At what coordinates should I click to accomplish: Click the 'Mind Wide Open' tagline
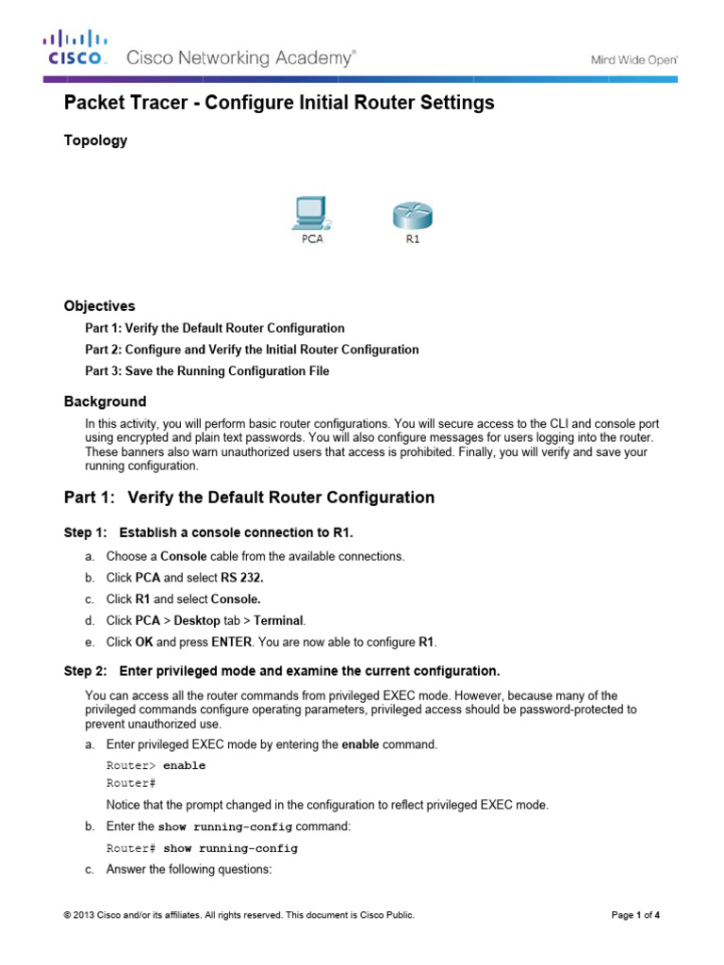[x=633, y=58]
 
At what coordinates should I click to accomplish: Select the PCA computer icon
[x=311, y=214]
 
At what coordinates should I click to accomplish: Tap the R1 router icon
[x=412, y=214]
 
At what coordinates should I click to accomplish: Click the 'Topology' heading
[x=95, y=140]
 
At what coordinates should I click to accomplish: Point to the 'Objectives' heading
[x=99, y=306]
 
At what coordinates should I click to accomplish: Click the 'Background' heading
[x=105, y=401]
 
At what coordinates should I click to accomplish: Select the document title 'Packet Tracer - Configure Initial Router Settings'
[x=279, y=103]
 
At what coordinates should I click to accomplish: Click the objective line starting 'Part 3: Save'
[x=207, y=371]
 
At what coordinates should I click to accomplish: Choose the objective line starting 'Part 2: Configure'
[x=252, y=350]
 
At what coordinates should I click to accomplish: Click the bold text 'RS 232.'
[x=240, y=578]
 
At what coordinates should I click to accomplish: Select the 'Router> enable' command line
[x=156, y=766]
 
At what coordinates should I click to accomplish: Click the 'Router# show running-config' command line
[x=202, y=848]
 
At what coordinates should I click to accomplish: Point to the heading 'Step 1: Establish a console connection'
[x=208, y=533]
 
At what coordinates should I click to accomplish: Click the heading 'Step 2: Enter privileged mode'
[x=281, y=671]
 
